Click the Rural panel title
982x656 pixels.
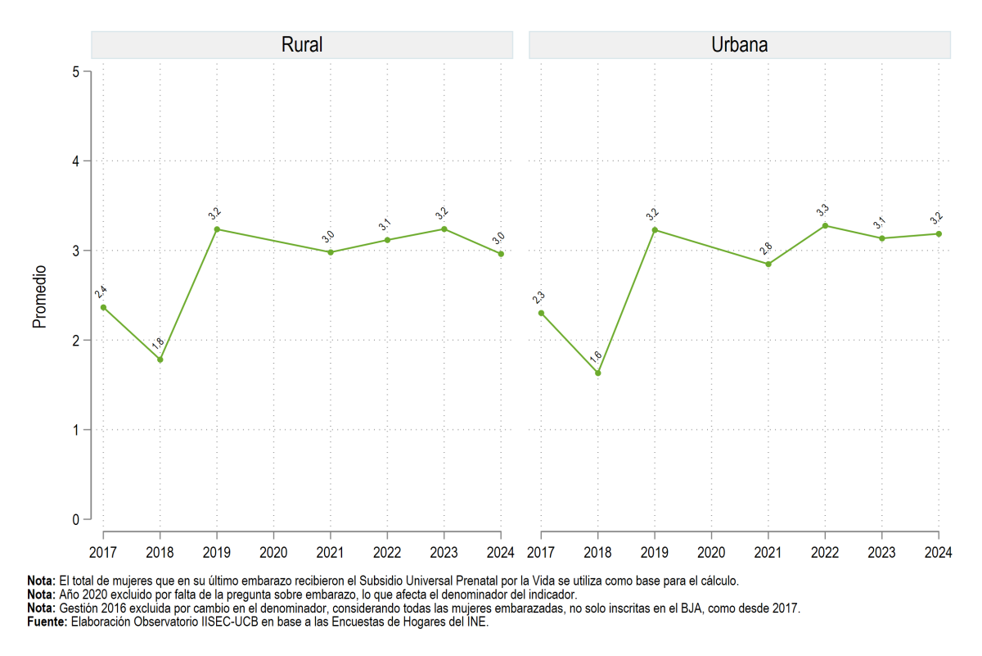(x=302, y=45)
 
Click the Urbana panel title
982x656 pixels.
(x=739, y=45)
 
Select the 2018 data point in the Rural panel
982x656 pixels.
(x=160, y=360)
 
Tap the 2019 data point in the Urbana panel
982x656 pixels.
(x=655, y=230)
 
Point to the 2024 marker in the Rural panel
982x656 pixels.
(x=501, y=254)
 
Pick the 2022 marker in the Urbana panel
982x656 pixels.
(x=825, y=226)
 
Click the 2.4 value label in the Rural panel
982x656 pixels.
(x=101, y=292)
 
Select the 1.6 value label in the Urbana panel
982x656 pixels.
(x=596, y=357)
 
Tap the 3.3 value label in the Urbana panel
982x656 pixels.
(x=822, y=210)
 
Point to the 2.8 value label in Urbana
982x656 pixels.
(x=766, y=248)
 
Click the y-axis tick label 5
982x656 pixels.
(x=76, y=71)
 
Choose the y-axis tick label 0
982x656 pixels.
(x=76, y=519)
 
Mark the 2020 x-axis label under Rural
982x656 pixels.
(x=273, y=553)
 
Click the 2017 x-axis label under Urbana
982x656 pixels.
(x=541, y=553)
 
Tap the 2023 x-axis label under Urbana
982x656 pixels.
(x=881, y=553)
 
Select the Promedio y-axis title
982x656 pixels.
(x=39, y=296)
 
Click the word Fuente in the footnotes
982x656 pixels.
(x=47, y=622)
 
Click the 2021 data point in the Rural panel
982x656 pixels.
(x=331, y=252)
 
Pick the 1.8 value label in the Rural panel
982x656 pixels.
(x=158, y=344)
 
